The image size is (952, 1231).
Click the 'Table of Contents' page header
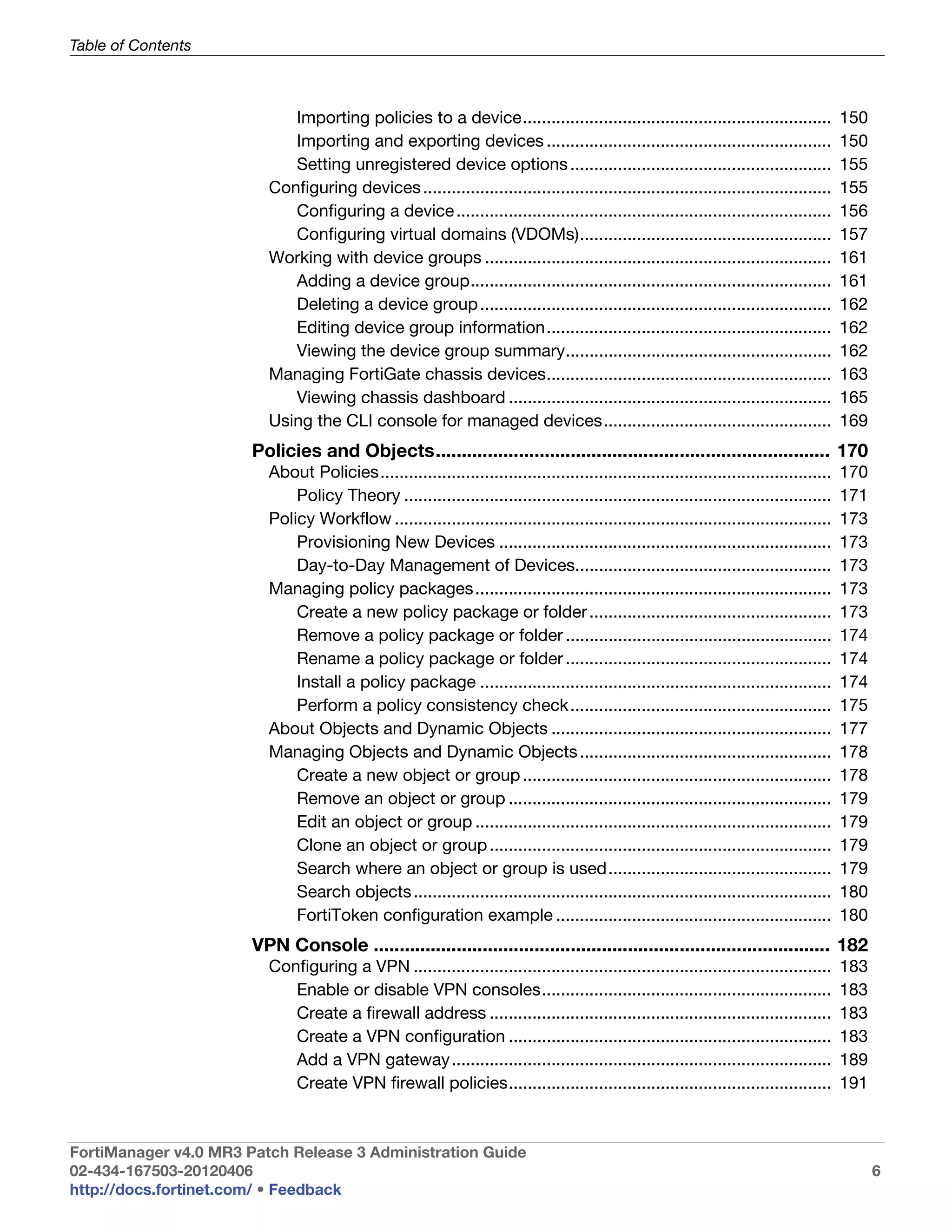130,46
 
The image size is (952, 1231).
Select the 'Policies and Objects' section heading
343,451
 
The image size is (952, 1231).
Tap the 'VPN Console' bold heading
310,945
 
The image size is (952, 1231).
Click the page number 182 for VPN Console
852,945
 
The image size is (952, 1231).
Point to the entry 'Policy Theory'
348,496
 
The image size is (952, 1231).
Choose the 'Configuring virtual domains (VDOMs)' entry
437,235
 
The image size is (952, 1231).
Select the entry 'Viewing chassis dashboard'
400,398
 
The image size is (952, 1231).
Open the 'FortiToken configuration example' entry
424,916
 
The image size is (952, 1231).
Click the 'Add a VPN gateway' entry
373,1060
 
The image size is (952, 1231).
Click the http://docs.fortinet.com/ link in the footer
160,1190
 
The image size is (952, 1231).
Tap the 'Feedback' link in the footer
304,1190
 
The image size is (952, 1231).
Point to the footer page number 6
876,1171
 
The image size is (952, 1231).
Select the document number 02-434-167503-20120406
161,1171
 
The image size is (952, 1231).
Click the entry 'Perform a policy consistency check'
432,706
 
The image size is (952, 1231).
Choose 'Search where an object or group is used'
451,869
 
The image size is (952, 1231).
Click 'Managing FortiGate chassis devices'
407,374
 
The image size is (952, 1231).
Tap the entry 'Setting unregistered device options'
431,164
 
